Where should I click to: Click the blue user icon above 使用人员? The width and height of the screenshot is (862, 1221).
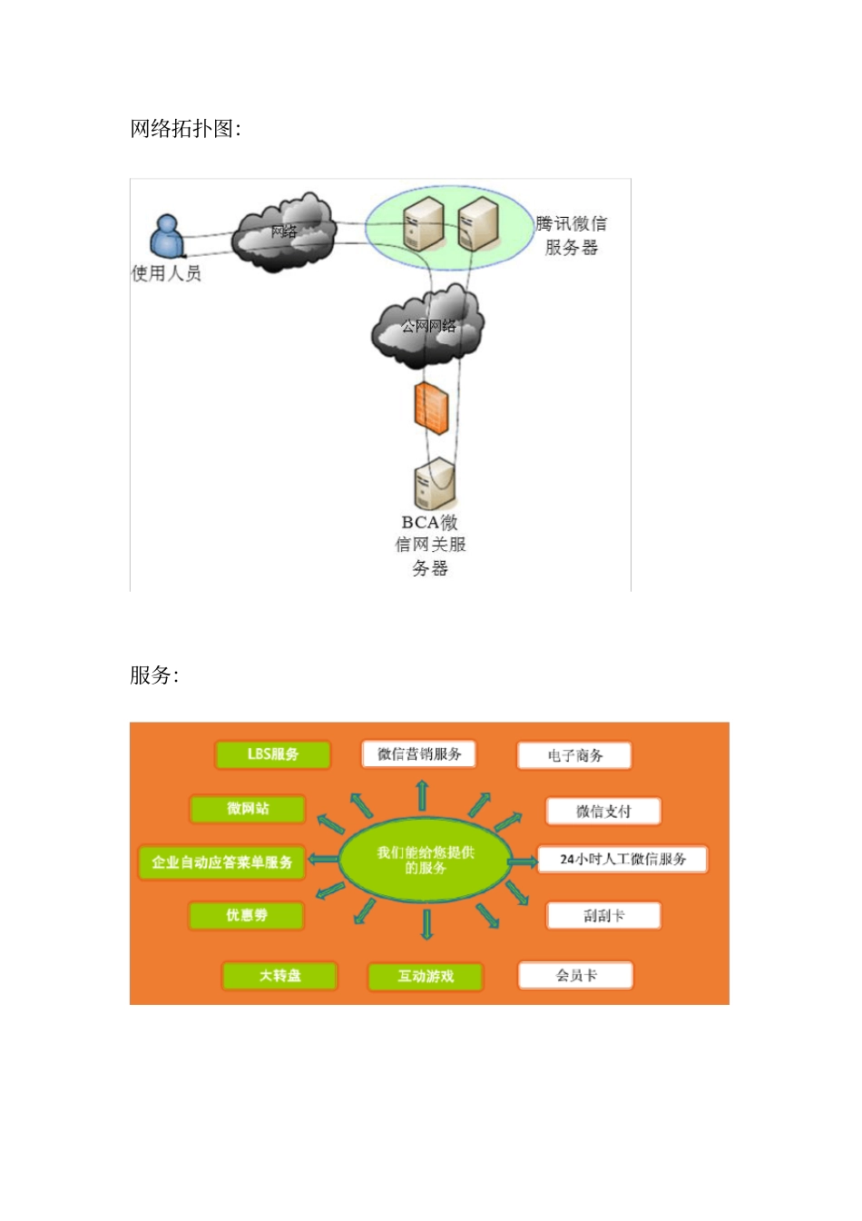pyautogui.click(x=167, y=236)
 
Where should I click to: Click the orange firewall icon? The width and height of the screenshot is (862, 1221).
pyautogui.click(x=432, y=407)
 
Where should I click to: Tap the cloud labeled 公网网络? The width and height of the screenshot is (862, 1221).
pyautogui.click(x=428, y=327)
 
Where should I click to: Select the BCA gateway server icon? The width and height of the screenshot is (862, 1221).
pyautogui.click(x=434, y=484)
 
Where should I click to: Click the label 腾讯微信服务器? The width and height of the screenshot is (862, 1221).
pyautogui.click(x=571, y=235)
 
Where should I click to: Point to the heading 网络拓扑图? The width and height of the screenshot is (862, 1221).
pyautogui.click(x=186, y=129)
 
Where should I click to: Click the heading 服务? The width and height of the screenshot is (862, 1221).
pyautogui.click(x=154, y=675)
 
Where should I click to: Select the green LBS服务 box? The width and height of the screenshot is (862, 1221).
pyautogui.click(x=273, y=754)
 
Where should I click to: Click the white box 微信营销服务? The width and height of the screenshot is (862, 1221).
pyautogui.click(x=419, y=754)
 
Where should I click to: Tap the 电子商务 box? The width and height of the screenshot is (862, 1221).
pyautogui.click(x=574, y=755)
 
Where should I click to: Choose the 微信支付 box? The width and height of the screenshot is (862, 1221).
pyautogui.click(x=603, y=812)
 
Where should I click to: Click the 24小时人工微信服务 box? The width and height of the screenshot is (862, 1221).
pyautogui.click(x=622, y=859)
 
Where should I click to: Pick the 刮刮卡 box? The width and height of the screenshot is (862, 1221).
pyautogui.click(x=603, y=916)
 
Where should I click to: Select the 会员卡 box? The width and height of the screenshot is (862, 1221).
pyautogui.click(x=575, y=976)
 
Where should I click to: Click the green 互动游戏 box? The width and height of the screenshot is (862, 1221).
pyautogui.click(x=426, y=977)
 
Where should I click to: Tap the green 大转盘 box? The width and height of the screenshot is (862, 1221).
pyautogui.click(x=279, y=976)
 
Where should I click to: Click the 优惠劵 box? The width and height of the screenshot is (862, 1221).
pyautogui.click(x=247, y=916)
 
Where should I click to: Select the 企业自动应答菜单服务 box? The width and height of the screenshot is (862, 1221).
pyautogui.click(x=222, y=862)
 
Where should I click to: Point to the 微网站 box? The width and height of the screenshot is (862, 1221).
pyautogui.click(x=248, y=809)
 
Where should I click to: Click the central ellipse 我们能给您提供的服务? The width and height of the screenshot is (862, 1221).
pyautogui.click(x=426, y=860)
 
